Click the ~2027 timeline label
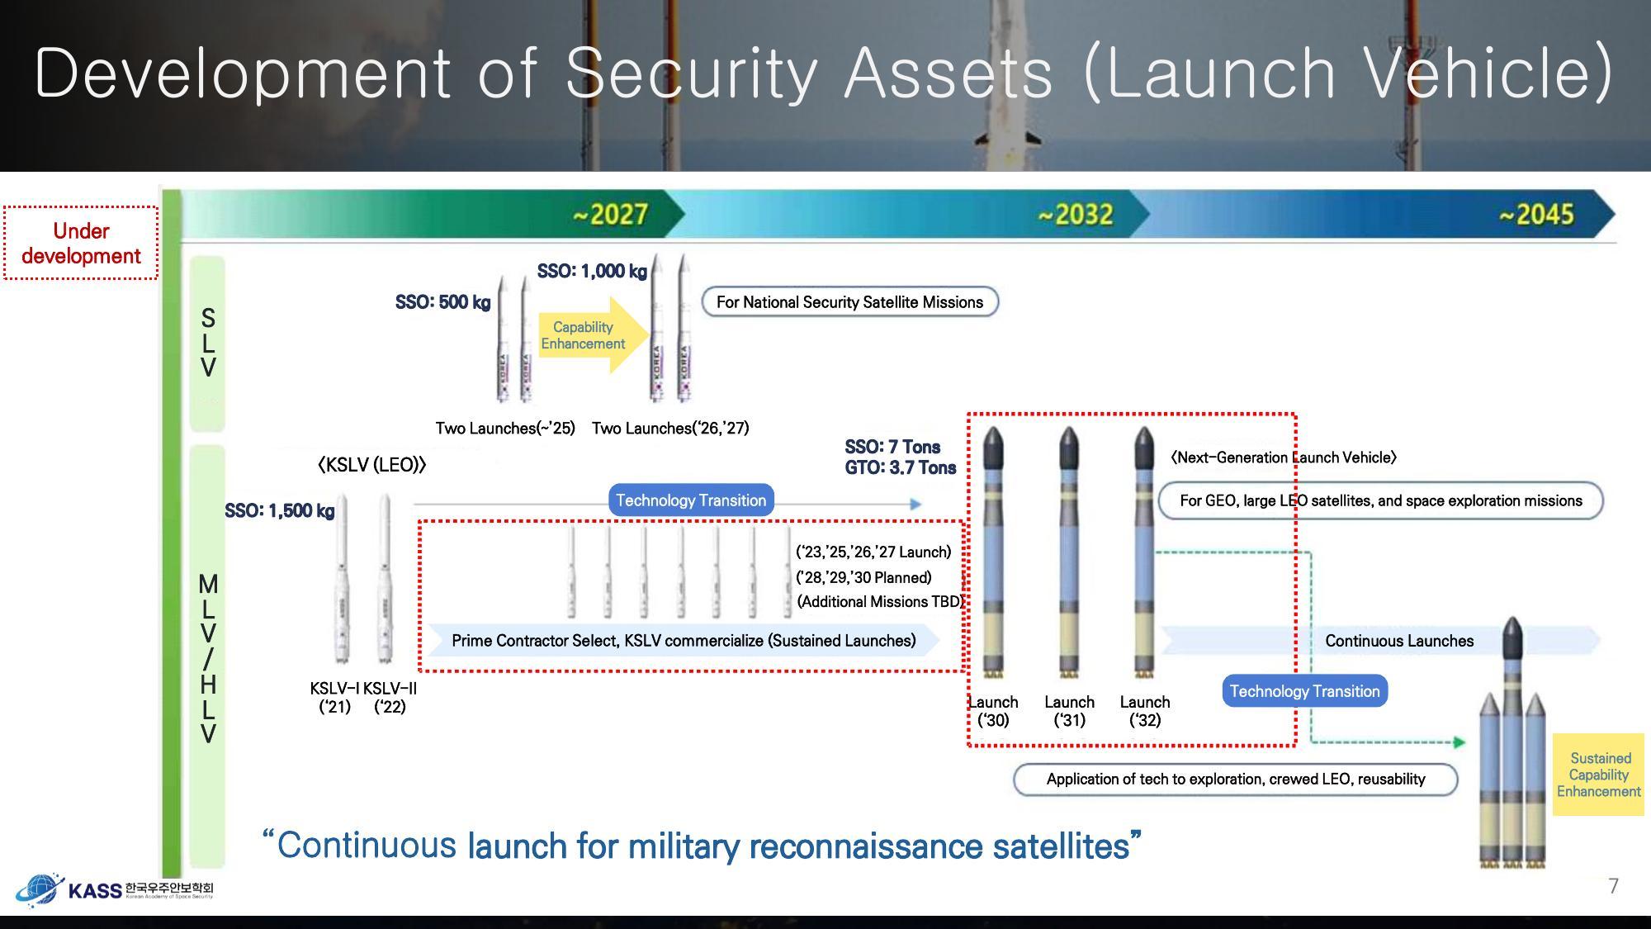coord(611,215)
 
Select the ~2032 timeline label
coord(1076,215)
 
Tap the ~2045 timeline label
coord(1536,215)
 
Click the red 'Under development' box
coord(81,244)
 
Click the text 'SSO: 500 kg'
coord(442,302)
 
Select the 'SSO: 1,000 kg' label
coord(592,271)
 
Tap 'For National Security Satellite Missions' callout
coord(849,302)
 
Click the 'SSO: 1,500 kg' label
coord(279,510)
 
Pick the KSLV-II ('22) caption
coord(390,698)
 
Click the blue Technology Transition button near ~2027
coord(691,500)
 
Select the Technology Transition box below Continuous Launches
coord(1304,691)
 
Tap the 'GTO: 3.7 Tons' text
coord(900,468)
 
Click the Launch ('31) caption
coord(1069,711)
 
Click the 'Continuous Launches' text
coord(1399,641)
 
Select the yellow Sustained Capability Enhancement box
coord(1599,775)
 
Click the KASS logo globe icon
coord(38,889)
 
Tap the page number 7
coord(1613,886)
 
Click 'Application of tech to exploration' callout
coord(1235,780)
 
